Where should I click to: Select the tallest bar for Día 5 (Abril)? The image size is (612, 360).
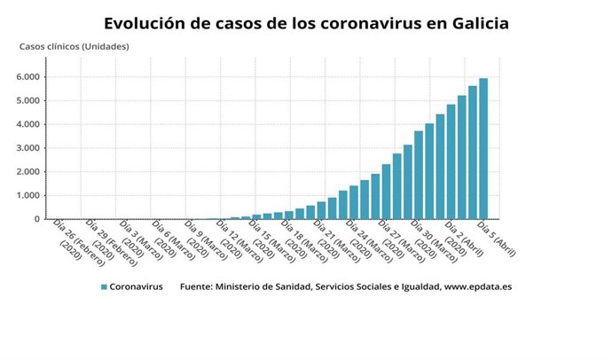click(x=483, y=149)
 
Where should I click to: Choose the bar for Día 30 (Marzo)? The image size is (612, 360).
click(x=419, y=175)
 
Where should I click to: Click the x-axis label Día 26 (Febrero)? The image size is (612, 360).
click(x=71, y=239)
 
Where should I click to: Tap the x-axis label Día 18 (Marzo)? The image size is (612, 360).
click(x=299, y=239)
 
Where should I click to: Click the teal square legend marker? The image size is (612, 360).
click(x=104, y=287)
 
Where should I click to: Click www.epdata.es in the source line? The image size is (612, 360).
click(x=478, y=287)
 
